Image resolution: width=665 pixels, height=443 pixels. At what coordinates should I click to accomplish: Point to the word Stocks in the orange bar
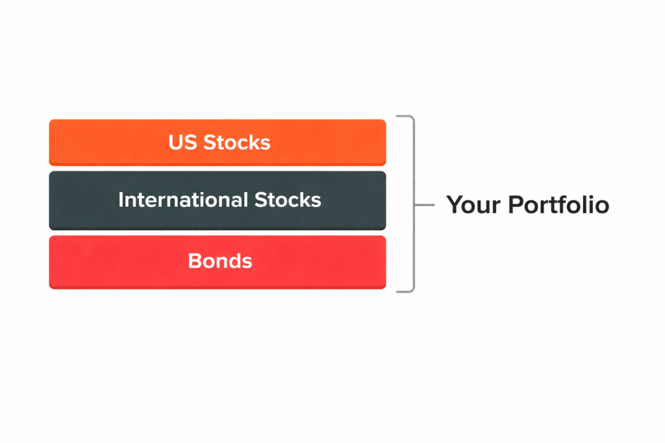point(236,142)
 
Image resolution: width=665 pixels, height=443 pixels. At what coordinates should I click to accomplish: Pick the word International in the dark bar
point(174,200)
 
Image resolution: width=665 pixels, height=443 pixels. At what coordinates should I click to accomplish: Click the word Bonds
point(220,261)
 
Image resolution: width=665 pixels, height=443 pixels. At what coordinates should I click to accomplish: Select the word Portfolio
point(558,205)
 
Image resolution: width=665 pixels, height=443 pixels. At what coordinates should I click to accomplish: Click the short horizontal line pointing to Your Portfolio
point(424,204)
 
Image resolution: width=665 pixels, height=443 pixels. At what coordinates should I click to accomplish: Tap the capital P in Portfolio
point(515,205)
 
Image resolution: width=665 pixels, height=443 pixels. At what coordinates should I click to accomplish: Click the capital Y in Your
point(453,205)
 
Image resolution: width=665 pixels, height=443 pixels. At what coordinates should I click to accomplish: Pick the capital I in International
point(121,200)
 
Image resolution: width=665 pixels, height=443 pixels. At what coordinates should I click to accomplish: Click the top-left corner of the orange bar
point(51,121)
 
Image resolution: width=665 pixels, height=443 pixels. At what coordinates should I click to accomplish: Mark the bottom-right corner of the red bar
point(384,286)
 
